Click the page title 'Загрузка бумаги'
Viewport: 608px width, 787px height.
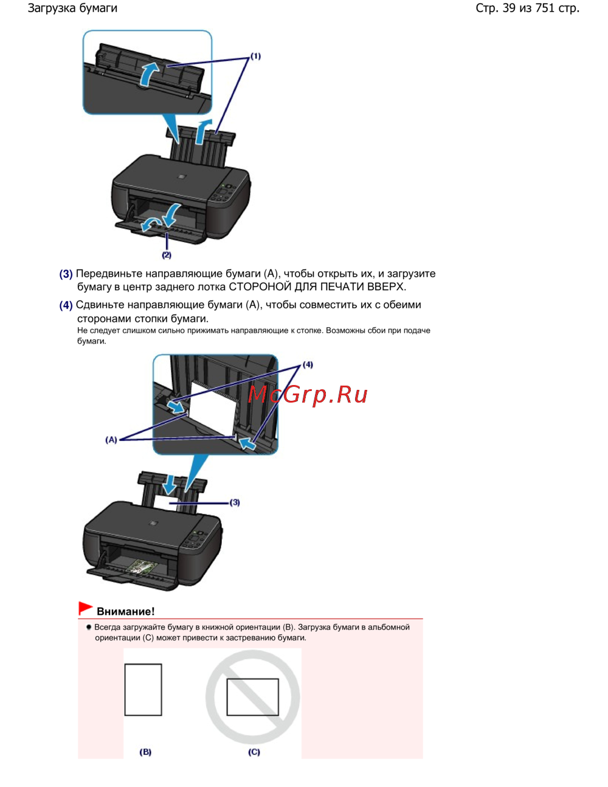[72, 9]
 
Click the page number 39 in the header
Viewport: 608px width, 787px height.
[508, 8]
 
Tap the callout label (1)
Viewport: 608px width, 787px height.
[255, 56]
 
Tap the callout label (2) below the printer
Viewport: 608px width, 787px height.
[167, 255]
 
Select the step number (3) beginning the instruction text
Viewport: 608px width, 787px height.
[66, 274]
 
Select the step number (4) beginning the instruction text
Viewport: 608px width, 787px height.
[66, 305]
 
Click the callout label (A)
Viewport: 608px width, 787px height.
[111, 440]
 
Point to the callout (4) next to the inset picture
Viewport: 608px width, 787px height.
[308, 364]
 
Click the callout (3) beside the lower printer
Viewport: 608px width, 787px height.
[235, 502]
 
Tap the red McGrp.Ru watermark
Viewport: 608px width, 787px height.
[308, 394]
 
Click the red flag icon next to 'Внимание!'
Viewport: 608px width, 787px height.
[85, 608]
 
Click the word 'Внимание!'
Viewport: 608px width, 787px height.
[126, 611]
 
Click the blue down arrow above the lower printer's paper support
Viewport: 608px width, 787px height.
[169, 485]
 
